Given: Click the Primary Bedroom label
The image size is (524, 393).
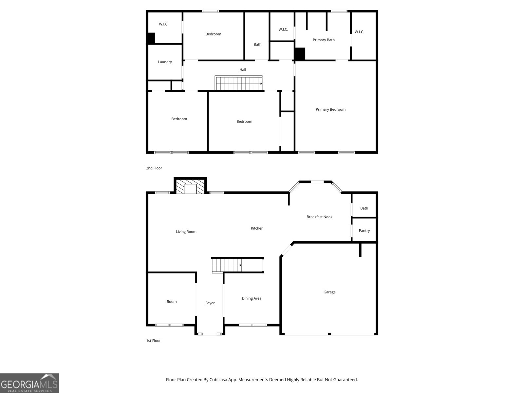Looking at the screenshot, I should point(330,109).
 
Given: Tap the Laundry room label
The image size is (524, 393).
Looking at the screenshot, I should point(165,62).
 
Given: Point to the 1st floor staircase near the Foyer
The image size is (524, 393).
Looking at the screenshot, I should point(227,265).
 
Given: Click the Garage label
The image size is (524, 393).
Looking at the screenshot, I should point(329,292).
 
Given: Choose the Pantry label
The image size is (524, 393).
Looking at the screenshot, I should point(364,231).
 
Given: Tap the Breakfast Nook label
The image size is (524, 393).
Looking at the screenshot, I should point(319,217).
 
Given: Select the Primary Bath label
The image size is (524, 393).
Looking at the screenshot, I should point(324,40).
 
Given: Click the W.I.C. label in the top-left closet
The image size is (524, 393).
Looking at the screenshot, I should point(163,24).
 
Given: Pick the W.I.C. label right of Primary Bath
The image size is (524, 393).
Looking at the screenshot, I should point(359,32).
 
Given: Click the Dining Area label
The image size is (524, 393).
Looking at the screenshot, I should point(252,298).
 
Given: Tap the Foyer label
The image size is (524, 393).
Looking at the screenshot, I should point(210,303).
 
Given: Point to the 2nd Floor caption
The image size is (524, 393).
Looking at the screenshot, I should point(154,168).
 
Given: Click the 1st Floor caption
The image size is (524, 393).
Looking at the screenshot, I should point(153,341).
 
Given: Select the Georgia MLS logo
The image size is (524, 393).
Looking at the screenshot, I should point(29,383).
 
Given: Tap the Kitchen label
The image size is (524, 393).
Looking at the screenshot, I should point(257,228).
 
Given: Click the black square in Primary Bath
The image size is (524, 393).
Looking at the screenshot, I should point(300,54).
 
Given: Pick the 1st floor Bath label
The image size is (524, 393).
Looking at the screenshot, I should point(364,208).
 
